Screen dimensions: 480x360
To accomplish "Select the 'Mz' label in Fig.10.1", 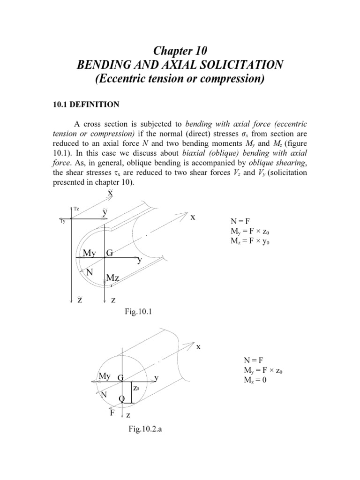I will (x=113, y=278).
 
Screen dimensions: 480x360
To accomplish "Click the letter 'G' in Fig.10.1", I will (x=110, y=253).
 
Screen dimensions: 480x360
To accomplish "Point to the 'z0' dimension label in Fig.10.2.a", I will (x=136, y=389).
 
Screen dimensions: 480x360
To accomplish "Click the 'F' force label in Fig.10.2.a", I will (x=112, y=413).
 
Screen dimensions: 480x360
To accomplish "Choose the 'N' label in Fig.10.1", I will (x=90, y=272).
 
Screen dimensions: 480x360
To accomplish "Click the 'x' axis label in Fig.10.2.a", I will (x=198, y=347).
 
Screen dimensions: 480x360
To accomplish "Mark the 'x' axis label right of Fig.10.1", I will (x=192, y=217).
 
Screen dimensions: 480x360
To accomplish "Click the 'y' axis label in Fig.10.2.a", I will (x=157, y=377).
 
